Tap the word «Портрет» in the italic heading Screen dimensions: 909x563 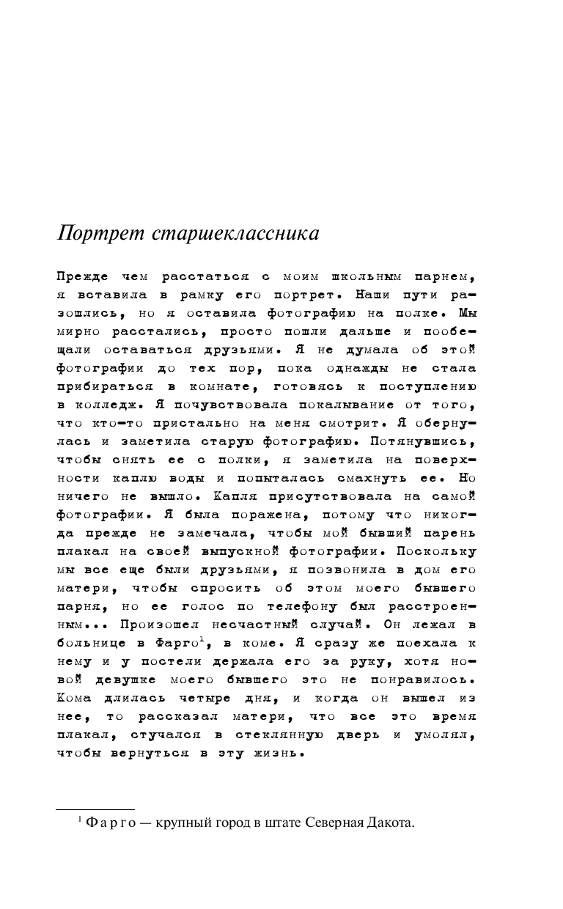click(x=103, y=233)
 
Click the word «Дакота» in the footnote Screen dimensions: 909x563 click(x=392, y=822)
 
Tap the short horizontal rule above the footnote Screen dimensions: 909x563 click(x=95, y=809)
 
